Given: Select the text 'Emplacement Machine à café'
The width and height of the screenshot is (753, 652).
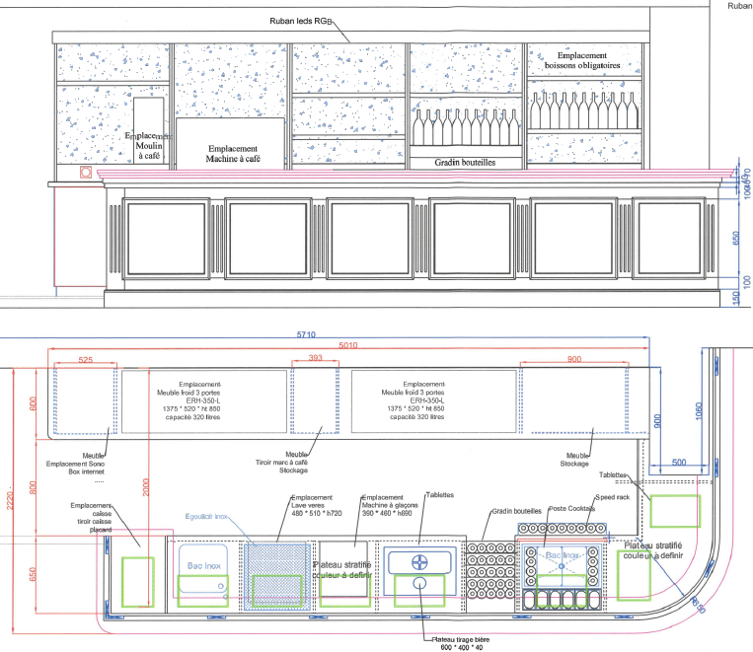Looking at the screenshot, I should (233, 152).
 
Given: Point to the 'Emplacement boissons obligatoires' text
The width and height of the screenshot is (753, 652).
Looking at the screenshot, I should (582, 62).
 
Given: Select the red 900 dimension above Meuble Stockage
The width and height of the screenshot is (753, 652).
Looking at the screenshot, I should (574, 361).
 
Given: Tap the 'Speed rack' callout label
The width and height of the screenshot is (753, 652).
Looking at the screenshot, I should (611, 498).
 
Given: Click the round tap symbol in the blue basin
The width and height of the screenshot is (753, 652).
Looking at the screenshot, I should (418, 563).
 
